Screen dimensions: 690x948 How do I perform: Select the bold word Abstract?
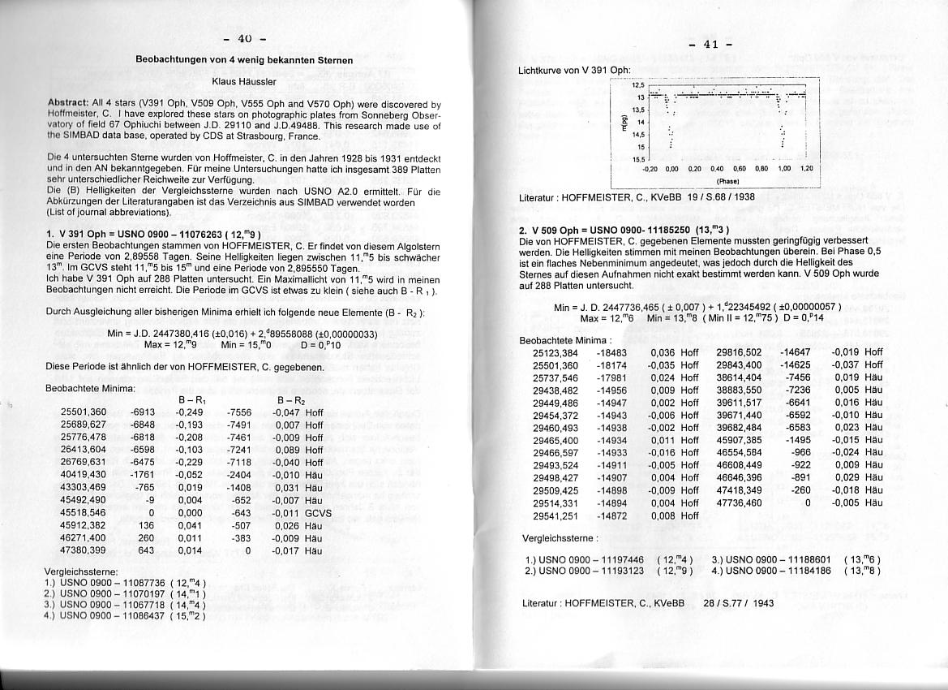73,104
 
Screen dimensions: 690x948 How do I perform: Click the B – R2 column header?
291,400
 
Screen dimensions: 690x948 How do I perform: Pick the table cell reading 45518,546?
84,513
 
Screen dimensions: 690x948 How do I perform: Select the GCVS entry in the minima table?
319,513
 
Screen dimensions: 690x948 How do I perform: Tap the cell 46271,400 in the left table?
84,537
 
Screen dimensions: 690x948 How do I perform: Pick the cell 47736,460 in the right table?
739,503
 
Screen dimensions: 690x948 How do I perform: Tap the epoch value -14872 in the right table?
611,515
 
